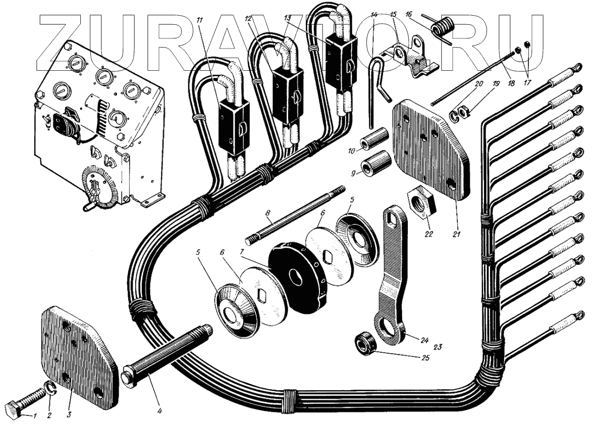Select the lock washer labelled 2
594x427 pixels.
point(50,389)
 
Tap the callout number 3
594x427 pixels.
point(69,415)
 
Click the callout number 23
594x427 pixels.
point(437,347)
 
